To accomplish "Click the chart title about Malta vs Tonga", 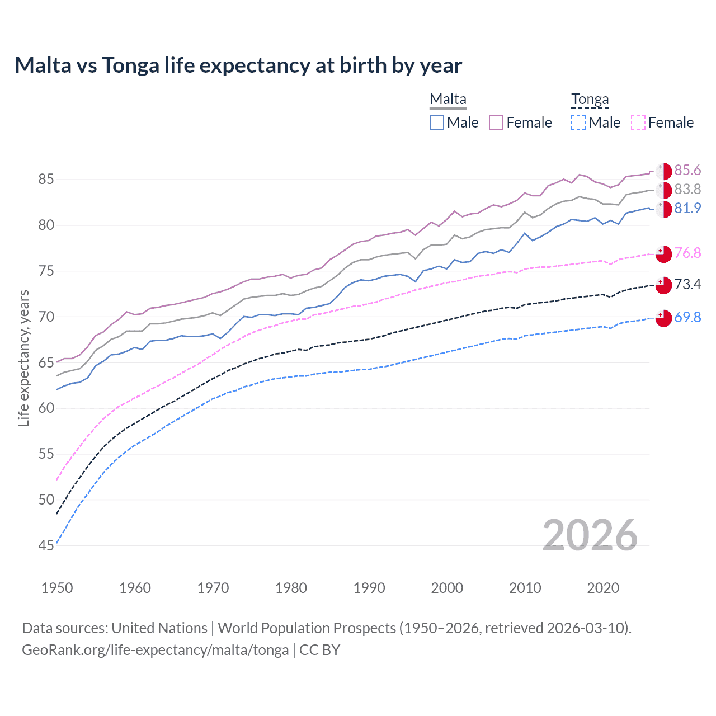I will (x=238, y=65).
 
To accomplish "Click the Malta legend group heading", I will (x=447, y=100).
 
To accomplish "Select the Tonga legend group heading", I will (x=590, y=100).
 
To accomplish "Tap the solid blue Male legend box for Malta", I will (x=437, y=123).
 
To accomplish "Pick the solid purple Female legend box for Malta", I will (x=496, y=123).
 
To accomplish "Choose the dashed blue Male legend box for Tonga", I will (x=578, y=123).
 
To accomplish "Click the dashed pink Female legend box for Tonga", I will (x=638, y=123).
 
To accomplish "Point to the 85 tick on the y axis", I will (x=46, y=180).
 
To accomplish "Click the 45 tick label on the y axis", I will (x=46, y=545).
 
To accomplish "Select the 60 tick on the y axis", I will (x=46, y=408).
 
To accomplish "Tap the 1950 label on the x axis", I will (x=57, y=588).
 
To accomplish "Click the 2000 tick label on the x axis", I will (x=447, y=588).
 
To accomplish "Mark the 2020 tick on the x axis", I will (x=603, y=588).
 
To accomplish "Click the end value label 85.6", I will (x=687, y=170).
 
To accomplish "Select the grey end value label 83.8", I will (x=687, y=189).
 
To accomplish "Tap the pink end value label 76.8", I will (x=687, y=253).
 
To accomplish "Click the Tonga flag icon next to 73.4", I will (x=663, y=285).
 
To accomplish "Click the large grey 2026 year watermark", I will (x=590, y=535).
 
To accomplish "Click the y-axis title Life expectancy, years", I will (x=24, y=358).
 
